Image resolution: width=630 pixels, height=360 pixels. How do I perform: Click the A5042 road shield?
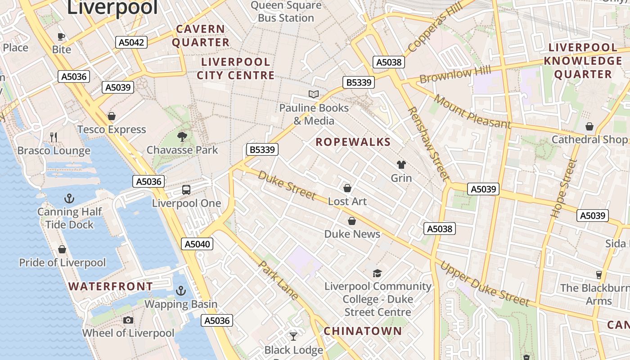(131, 43)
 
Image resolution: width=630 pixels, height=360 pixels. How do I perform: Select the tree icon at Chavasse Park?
(182, 136)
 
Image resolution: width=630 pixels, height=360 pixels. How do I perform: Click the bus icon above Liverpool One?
(186, 189)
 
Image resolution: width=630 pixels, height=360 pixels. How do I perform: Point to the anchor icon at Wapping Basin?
(181, 291)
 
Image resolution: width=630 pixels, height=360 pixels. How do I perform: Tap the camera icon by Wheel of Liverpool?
(128, 320)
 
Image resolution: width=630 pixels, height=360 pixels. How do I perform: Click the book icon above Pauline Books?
(314, 94)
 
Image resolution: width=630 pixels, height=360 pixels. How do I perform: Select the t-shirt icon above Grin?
(401, 165)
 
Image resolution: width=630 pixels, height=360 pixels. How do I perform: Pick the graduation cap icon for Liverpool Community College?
(377, 273)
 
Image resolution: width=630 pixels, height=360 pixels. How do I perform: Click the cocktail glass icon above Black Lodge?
(293, 336)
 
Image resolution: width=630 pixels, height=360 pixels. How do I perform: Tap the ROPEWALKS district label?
(353, 142)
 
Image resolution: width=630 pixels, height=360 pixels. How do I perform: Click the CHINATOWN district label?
(363, 331)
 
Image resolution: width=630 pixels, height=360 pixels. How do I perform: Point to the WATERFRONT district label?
(110, 286)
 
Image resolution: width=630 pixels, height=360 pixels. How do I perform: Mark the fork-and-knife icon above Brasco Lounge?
(54, 137)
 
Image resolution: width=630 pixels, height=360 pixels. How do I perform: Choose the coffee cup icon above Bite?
(61, 36)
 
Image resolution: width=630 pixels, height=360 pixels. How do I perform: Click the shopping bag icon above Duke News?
(352, 221)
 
